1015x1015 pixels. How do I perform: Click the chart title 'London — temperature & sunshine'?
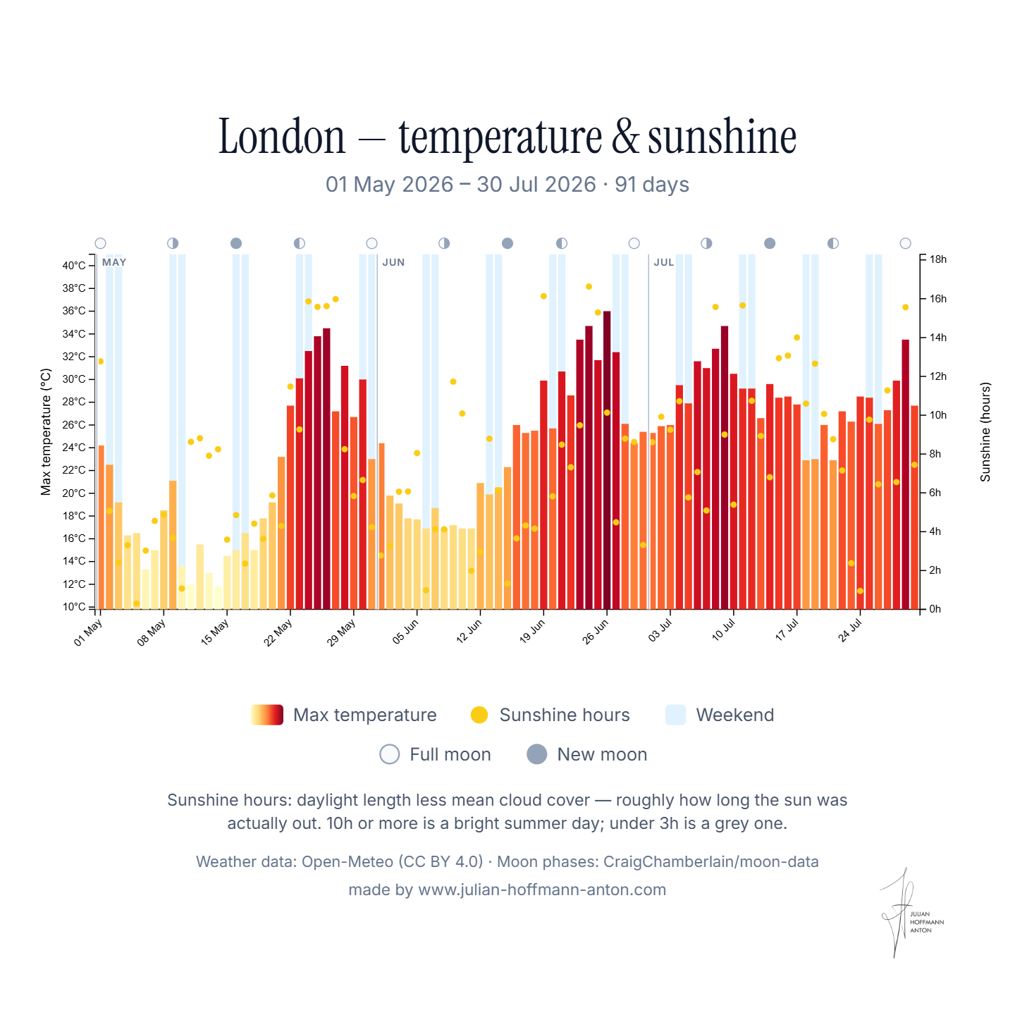(x=508, y=137)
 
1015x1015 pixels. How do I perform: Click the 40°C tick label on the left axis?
(x=74, y=266)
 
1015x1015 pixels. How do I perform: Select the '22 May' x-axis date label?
(x=278, y=632)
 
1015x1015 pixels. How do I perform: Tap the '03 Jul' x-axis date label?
(x=660, y=630)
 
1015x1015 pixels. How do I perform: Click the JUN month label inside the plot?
(x=393, y=262)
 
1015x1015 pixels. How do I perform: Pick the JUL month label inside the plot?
(x=664, y=262)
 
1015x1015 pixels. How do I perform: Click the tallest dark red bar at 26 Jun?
(x=607, y=460)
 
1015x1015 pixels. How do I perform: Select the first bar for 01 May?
(x=101, y=527)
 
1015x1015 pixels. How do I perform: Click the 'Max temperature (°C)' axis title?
(x=46, y=432)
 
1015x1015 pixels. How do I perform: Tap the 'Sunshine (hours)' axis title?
(x=985, y=432)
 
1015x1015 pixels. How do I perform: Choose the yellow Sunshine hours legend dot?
(x=479, y=715)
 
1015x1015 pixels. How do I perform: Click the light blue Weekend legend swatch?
(x=675, y=715)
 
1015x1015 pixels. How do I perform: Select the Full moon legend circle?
(x=390, y=754)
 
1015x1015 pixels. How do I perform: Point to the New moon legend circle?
(x=536, y=754)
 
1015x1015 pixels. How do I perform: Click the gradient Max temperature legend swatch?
(x=267, y=715)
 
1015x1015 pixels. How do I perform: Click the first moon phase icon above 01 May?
(x=101, y=243)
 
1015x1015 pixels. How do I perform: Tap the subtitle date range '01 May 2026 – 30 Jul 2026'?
(x=461, y=185)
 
